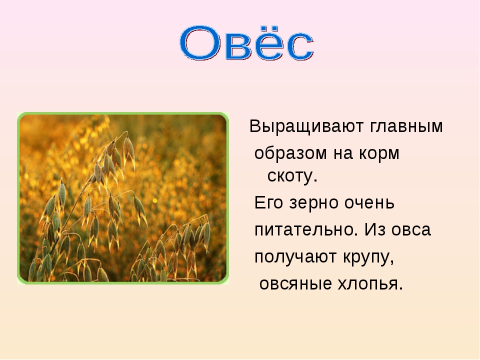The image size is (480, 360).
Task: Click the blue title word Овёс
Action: (246, 43)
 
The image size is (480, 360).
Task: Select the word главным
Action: (406, 126)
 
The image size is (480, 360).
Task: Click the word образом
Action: (290, 153)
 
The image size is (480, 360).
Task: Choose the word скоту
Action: (292, 176)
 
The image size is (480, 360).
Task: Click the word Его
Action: (268, 202)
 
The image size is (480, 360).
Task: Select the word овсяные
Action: (295, 284)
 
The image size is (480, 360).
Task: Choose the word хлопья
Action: (370, 284)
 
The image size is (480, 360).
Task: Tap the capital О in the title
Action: (200, 43)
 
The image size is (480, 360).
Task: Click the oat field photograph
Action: (123, 198)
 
